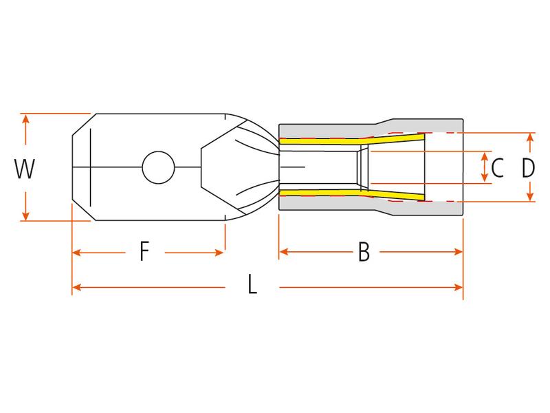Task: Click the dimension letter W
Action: pos(25,168)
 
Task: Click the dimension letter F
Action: pos(144,253)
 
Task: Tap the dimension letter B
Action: pos(364,253)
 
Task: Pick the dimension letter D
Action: pos(528,167)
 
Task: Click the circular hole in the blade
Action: pos(156,167)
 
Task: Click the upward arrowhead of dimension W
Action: pos(26,119)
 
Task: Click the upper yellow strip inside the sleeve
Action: pos(323,142)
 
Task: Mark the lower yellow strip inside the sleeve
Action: pos(323,193)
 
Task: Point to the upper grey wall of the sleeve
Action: pos(323,130)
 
